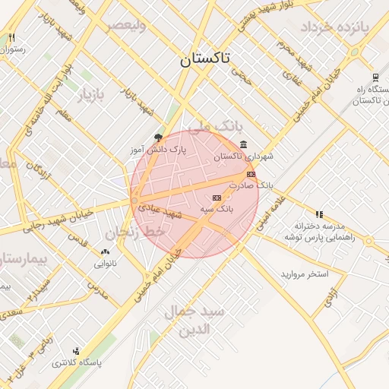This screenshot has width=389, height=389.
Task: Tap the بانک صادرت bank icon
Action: coord(251,174)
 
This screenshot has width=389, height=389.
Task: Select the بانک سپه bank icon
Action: coord(217,198)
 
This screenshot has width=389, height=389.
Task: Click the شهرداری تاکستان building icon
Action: coord(242,144)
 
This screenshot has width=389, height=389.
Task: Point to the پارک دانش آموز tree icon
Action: coord(158,138)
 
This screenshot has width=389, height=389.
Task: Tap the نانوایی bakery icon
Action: coord(105,251)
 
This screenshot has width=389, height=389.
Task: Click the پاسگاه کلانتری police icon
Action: coord(75,351)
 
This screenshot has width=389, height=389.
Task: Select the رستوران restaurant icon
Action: coord(11,38)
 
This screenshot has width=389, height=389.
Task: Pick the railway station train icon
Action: coord(375,77)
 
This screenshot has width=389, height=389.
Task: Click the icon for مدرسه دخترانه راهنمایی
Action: coord(319,214)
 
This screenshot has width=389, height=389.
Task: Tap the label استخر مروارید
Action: coord(304,273)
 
